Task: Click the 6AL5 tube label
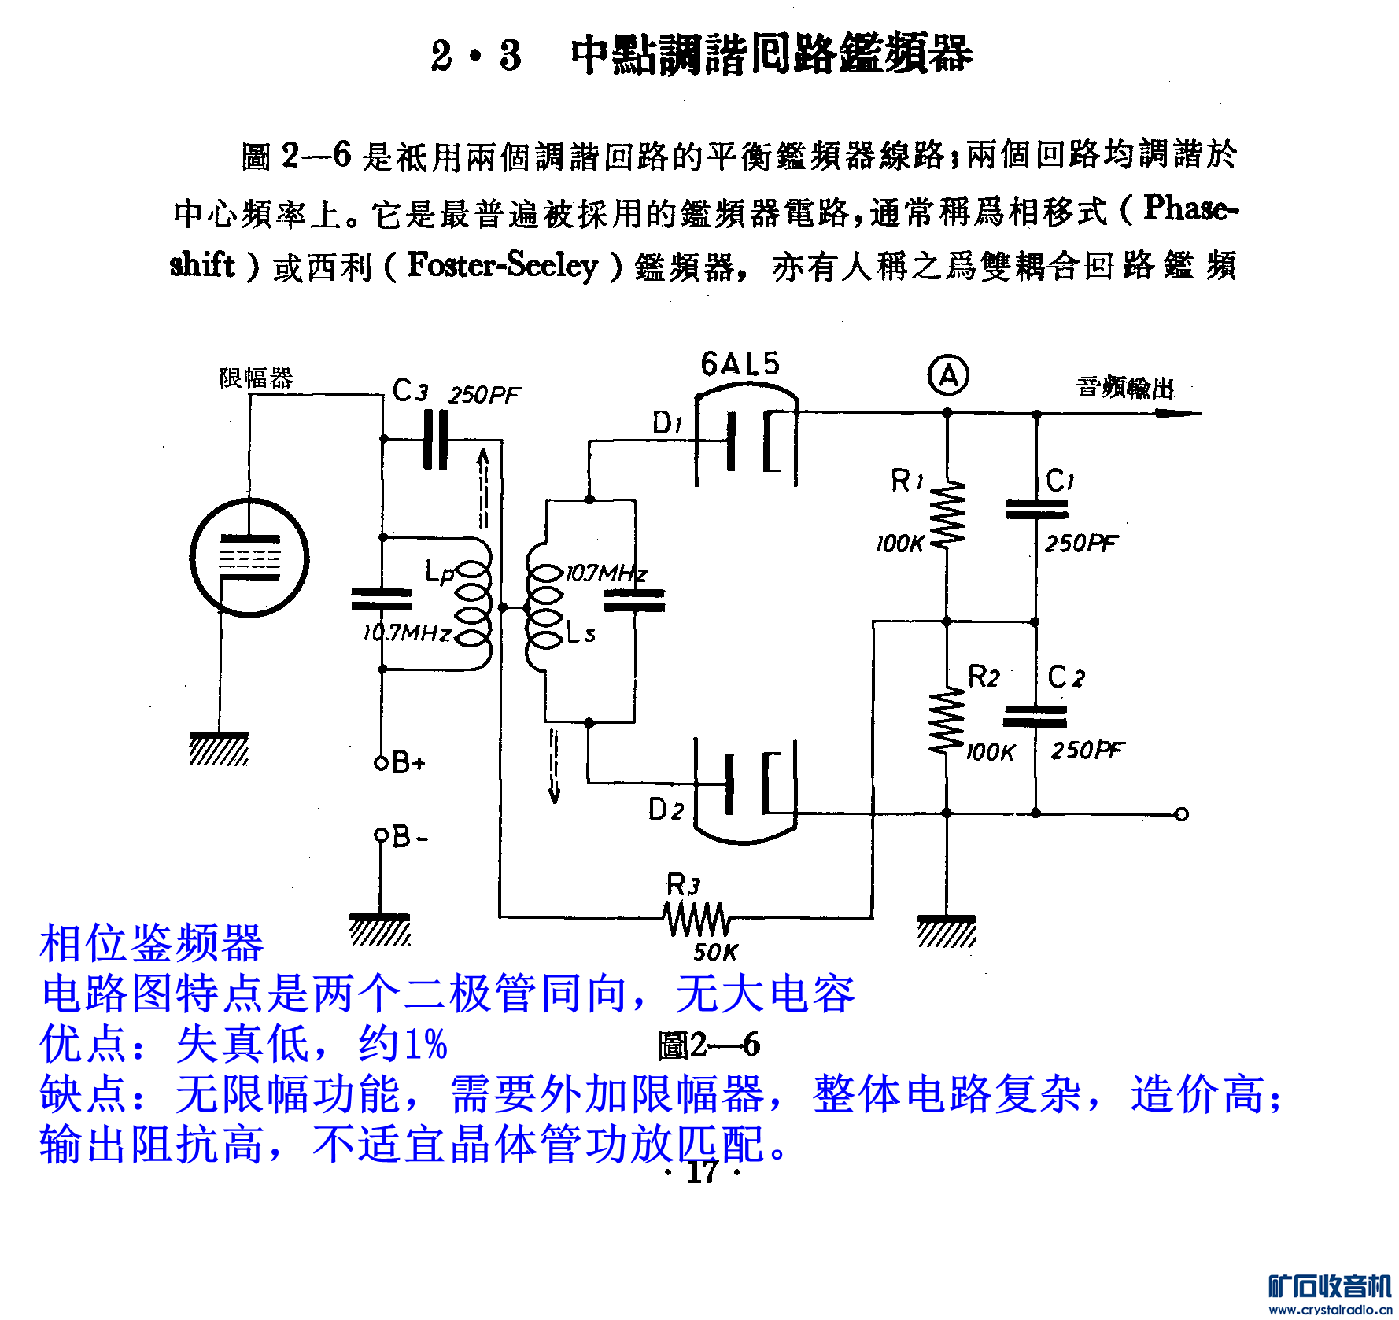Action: point(740,363)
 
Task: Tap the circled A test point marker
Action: point(948,376)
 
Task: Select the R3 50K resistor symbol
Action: point(696,918)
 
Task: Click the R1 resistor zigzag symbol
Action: point(947,513)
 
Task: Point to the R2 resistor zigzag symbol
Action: point(947,720)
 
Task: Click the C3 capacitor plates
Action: point(435,440)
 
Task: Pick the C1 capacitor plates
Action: point(1036,509)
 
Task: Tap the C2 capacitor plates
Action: point(1035,716)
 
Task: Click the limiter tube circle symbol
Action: point(249,558)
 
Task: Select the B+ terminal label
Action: point(408,761)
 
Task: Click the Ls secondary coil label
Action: point(581,632)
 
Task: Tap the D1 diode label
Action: point(667,423)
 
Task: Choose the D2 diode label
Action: point(666,809)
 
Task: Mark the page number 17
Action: point(702,1172)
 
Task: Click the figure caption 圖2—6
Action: point(708,1045)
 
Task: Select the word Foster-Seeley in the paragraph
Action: point(502,265)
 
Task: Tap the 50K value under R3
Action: point(715,953)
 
